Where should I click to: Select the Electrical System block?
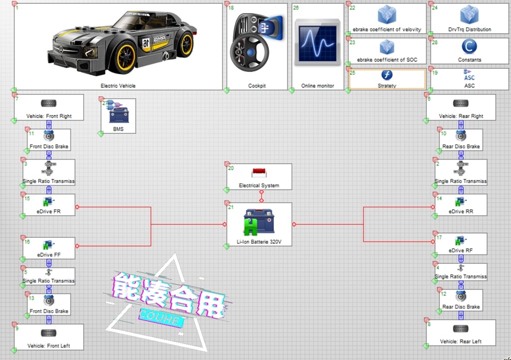(259, 177)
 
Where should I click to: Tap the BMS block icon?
(118, 113)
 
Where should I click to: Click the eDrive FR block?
(48, 204)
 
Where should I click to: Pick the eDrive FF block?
(48, 248)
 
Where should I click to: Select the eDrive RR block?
(461, 204)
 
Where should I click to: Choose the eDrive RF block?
(461, 244)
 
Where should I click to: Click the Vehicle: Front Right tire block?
(48, 107)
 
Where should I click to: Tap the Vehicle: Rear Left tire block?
(461, 333)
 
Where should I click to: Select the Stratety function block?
(387, 79)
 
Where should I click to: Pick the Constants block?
(469, 50)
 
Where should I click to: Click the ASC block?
(469, 79)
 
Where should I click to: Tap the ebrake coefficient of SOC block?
(387, 50)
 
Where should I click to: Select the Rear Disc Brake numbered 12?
(461, 300)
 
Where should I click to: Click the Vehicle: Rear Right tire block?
(461, 107)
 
